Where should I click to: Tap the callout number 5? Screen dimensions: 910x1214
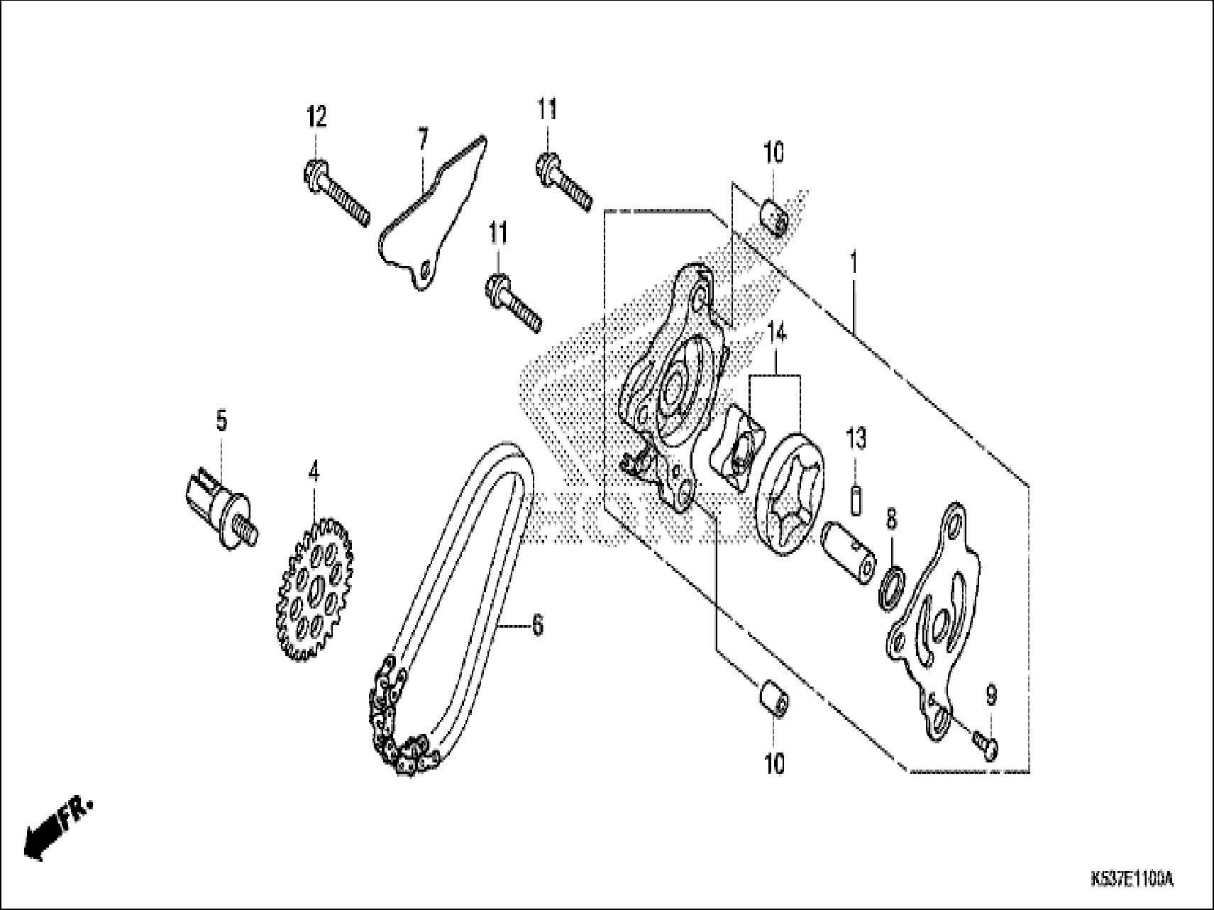221,421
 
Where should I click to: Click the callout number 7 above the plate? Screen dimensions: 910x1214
422,139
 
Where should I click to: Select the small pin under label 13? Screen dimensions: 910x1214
856,499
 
